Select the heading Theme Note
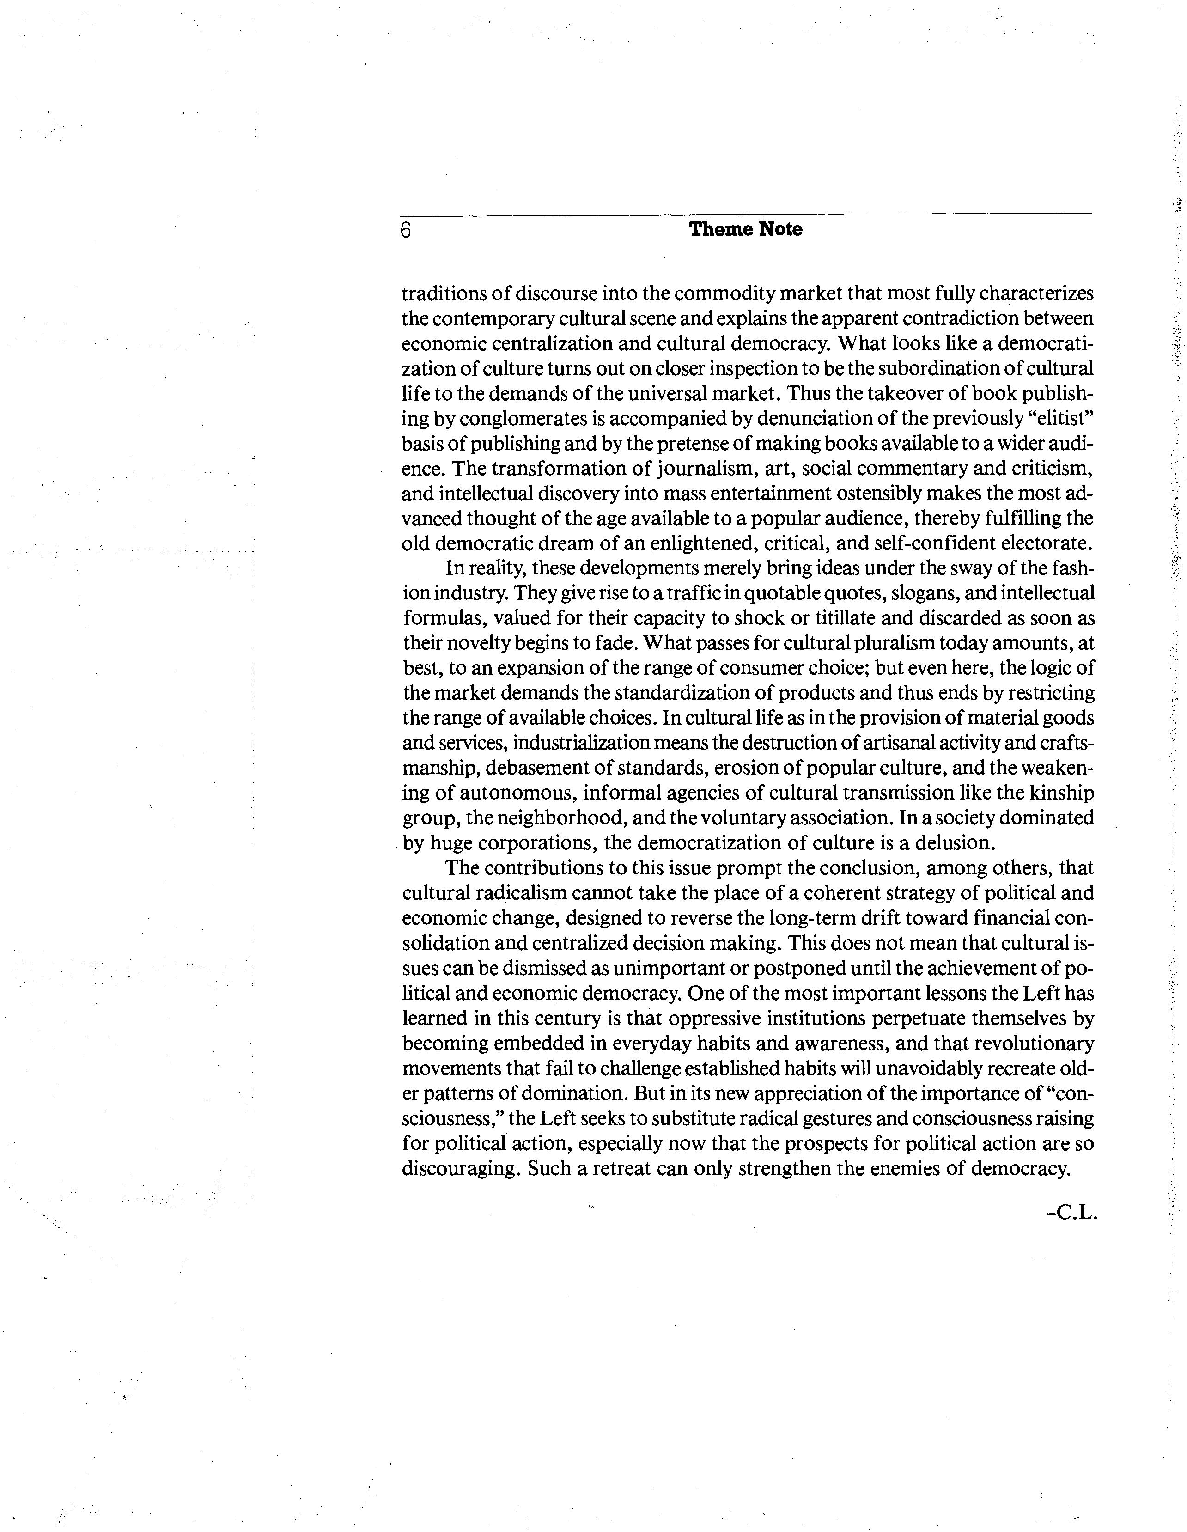745,229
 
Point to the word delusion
949,842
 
